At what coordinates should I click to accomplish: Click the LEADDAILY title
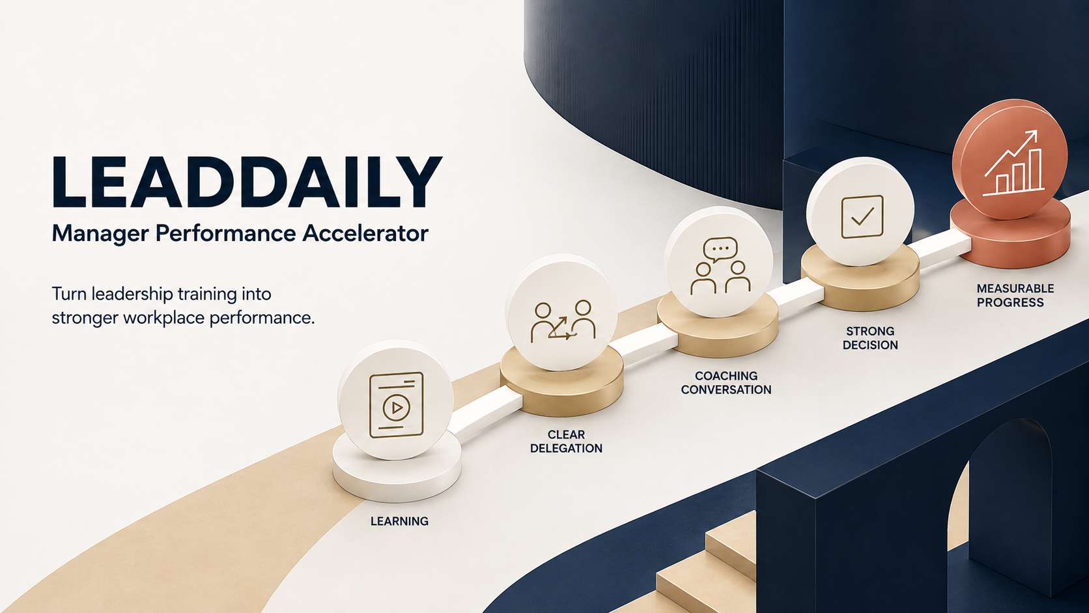pos(247,182)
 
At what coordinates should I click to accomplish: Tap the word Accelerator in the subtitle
pos(365,233)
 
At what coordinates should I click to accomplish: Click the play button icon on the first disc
pos(396,408)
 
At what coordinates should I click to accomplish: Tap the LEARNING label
pos(399,521)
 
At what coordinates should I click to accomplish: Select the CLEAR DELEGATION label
pos(566,442)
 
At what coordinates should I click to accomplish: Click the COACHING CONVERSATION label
pos(726,382)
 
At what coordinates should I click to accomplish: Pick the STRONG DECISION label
pos(870,338)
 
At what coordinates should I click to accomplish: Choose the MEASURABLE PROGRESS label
pos(1015,296)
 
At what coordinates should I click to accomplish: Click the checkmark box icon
pos(862,216)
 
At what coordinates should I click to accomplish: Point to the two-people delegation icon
pos(563,321)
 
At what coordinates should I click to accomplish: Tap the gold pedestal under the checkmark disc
pos(860,282)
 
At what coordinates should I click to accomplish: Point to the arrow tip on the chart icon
pos(1036,131)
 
